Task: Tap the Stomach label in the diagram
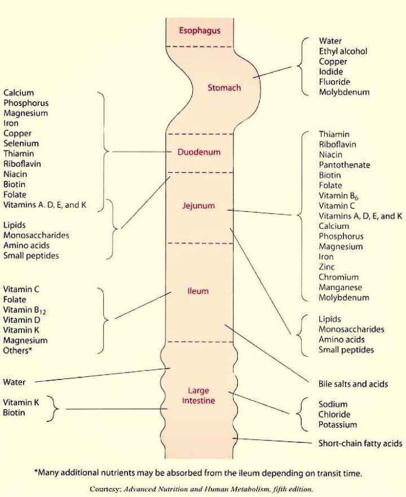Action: (224, 88)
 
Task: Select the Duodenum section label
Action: (199, 152)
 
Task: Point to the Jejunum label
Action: (198, 206)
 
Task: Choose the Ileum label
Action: (198, 291)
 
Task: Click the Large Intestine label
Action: (199, 395)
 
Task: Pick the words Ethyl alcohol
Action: (343, 51)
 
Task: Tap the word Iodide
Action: (331, 72)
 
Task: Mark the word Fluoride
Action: (334, 82)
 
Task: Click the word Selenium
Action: (21, 143)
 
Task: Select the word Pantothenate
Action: (344, 165)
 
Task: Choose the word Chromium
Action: (338, 277)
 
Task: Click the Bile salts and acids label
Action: (353, 384)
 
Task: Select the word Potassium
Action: (338, 425)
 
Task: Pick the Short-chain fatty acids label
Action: (360, 444)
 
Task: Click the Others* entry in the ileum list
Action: (17, 351)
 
